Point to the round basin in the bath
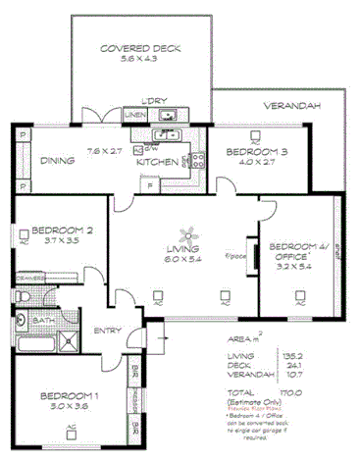(x=21, y=321)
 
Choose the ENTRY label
(x=107, y=331)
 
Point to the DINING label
(x=58, y=162)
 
